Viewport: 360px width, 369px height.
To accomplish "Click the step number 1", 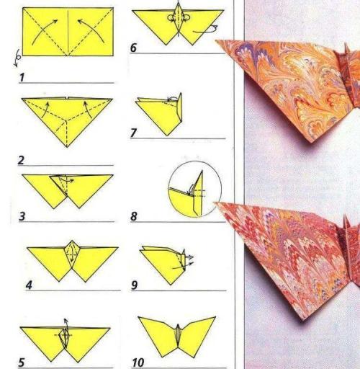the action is (x=22, y=77).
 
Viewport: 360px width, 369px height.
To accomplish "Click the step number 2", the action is (x=21, y=160).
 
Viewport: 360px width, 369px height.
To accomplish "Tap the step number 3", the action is (x=22, y=216).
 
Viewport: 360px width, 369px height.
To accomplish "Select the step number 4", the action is (x=29, y=285).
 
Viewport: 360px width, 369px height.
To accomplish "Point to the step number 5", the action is (x=22, y=363).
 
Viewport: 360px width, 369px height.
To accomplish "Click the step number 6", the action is (x=133, y=48).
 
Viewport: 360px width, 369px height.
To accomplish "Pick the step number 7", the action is (x=133, y=133).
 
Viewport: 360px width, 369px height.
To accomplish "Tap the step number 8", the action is (x=134, y=216).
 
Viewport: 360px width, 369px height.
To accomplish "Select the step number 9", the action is (x=135, y=285).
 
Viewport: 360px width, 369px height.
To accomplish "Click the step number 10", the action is (x=138, y=363).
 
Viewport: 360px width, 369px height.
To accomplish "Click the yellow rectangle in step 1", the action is (x=68, y=32).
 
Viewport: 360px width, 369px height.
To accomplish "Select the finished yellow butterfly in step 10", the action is (x=177, y=337).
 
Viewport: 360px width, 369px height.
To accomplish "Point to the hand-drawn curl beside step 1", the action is (x=17, y=58).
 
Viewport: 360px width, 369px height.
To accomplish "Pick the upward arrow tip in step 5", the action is (x=66, y=319).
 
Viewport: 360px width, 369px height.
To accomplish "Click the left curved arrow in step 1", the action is (x=45, y=32).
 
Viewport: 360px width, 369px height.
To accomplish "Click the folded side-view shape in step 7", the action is (x=159, y=114).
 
